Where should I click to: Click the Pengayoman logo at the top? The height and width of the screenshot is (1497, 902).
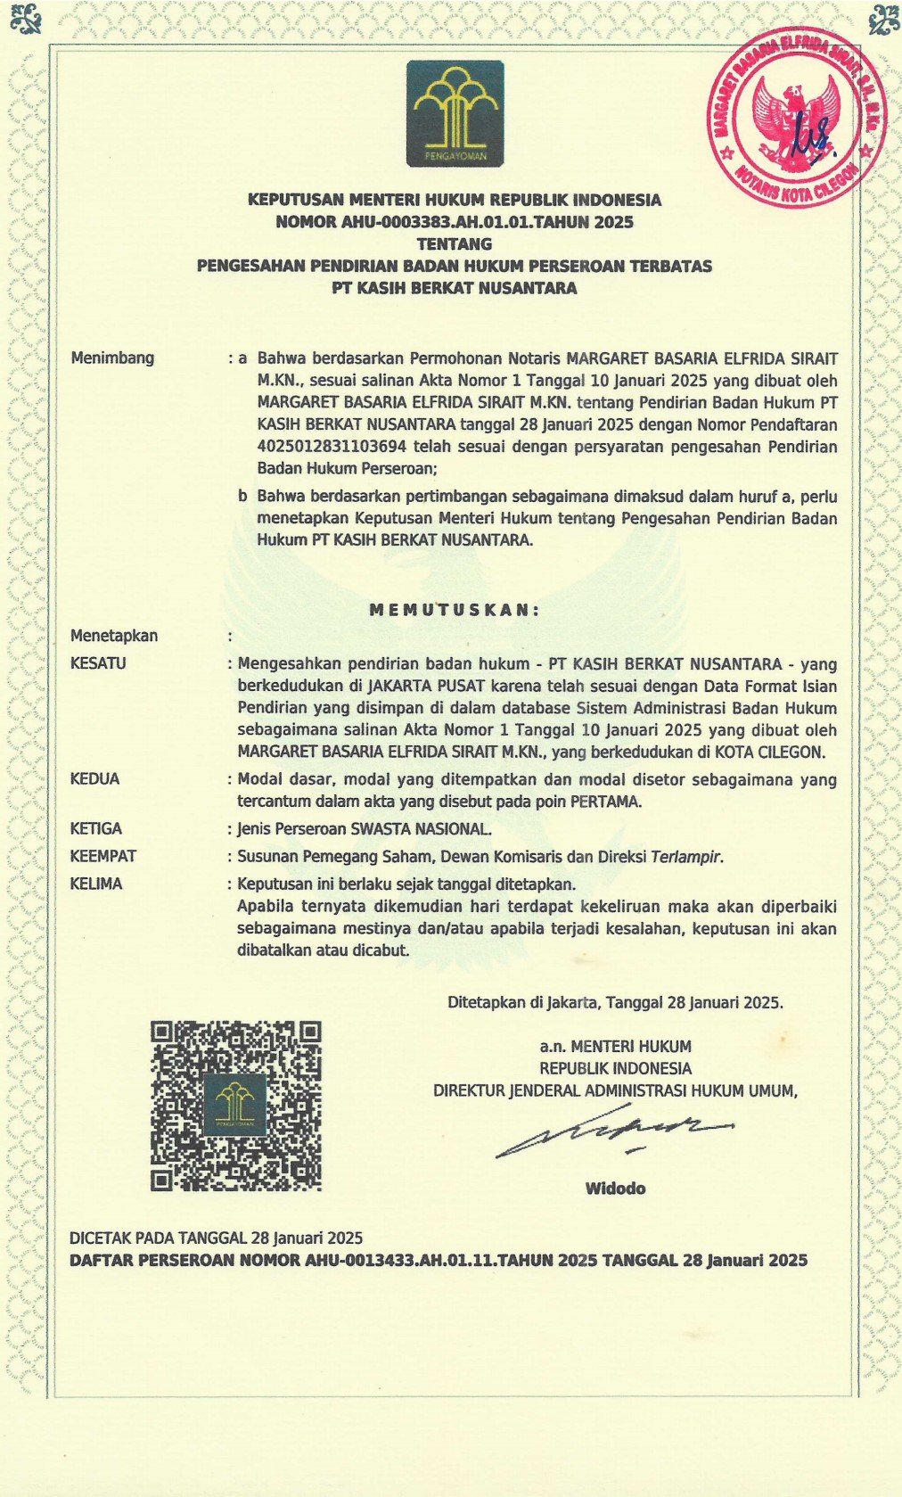455,113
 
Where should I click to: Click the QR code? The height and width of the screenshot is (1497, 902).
235,1106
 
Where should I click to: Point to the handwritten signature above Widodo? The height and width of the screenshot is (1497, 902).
615,1133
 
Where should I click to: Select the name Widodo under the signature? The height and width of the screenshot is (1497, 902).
615,1189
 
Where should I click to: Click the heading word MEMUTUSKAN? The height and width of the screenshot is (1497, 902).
455,611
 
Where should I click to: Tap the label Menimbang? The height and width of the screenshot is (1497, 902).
112,358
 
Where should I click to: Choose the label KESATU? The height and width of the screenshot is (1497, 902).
98,663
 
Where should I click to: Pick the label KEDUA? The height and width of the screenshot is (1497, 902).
94,779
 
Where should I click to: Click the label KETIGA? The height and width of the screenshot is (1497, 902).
96,829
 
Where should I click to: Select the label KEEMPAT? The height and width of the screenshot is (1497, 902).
103,857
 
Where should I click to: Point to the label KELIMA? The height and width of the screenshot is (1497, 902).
96,884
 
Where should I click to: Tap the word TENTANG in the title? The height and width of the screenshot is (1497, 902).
455,243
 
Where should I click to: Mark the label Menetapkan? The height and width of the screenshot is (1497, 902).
114,636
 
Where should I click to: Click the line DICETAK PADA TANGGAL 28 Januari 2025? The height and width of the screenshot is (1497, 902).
217,1238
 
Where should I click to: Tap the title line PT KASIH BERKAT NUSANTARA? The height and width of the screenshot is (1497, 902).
455,288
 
